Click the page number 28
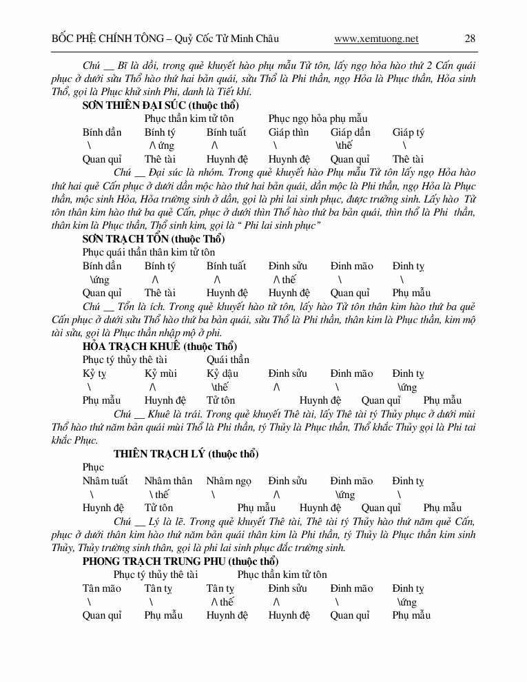(x=470, y=39)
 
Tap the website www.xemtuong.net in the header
(x=376, y=39)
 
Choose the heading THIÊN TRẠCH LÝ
(x=186, y=454)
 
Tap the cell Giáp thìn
(x=289, y=132)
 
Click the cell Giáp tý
(x=409, y=132)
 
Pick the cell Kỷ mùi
(x=161, y=373)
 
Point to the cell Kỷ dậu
(x=223, y=373)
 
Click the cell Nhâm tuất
(x=105, y=481)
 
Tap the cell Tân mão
(x=102, y=588)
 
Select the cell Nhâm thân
(x=168, y=481)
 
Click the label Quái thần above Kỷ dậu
(x=227, y=360)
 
